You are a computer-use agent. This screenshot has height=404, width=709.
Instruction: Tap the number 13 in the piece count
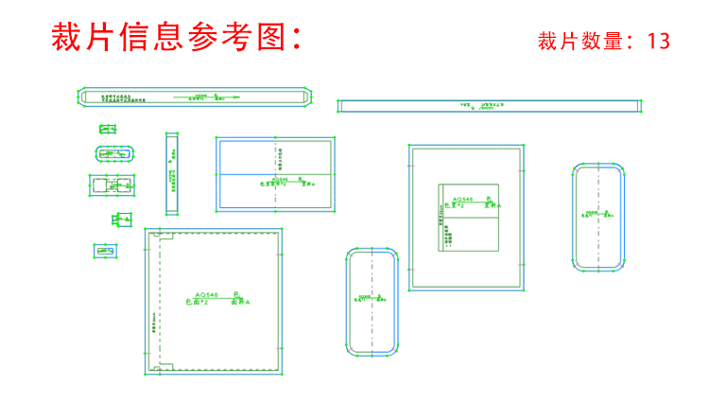click(x=659, y=42)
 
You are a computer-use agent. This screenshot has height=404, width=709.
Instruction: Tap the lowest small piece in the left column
click(x=105, y=251)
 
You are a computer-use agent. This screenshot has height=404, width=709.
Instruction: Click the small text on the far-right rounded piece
click(x=598, y=214)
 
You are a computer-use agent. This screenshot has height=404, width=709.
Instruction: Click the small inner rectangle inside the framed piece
click(x=469, y=215)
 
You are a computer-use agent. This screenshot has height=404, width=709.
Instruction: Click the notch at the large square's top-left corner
click(x=164, y=239)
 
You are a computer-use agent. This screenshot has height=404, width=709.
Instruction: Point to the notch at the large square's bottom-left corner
click(x=164, y=364)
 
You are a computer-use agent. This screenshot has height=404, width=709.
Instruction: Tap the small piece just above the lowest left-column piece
click(x=122, y=220)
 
